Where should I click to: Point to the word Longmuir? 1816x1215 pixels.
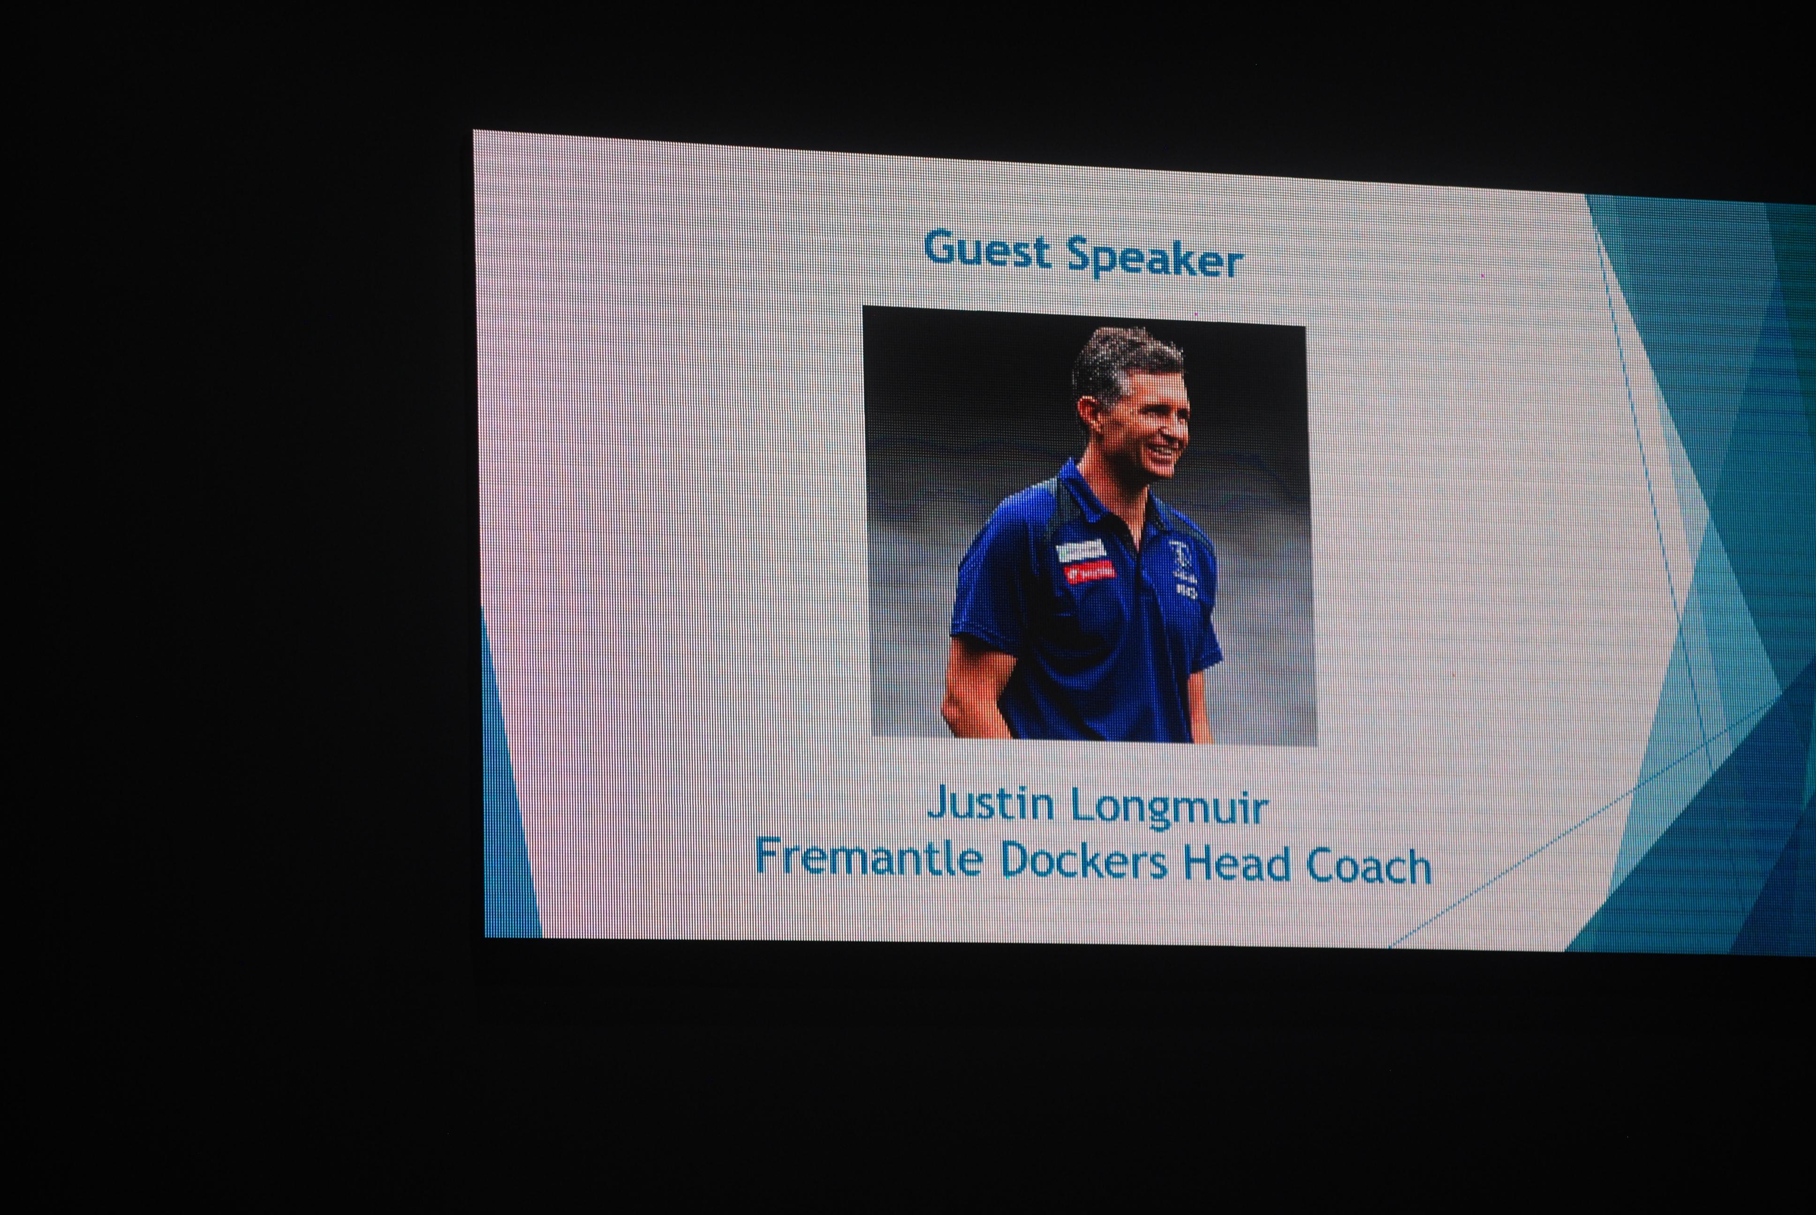tap(1169, 808)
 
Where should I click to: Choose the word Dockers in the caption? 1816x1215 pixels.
tap(1083, 861)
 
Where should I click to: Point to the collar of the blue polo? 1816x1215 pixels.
tap(1101, 496)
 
